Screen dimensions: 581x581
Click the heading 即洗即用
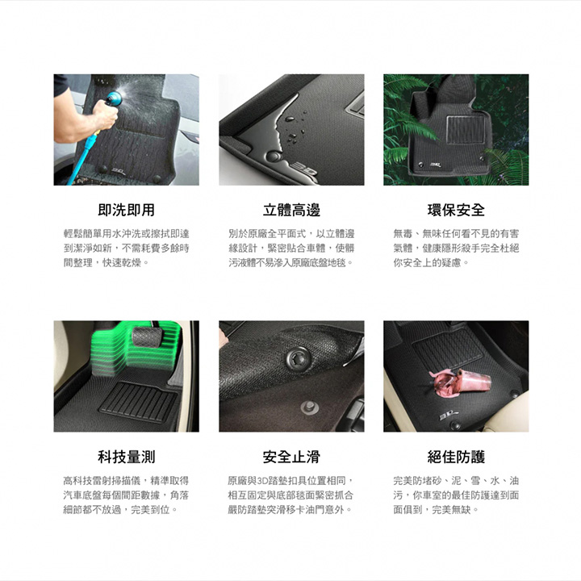[x=127, y=210]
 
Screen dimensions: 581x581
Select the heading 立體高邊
[x=291, y=210]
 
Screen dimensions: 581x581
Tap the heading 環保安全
[x=456, y=210]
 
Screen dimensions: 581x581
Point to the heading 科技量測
[x=127, y=457]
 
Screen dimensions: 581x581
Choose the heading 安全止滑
[x=291, y=457]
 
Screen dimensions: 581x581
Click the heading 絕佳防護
[x=456, y=457]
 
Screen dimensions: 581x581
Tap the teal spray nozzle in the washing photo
[x=114, y=98]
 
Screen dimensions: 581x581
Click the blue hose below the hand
[x=81, y=159]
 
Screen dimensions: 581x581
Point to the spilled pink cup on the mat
[x=459, y=382]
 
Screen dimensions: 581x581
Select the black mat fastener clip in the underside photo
[x=298, y=359]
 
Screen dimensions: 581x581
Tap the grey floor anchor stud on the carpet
[x=310, y=408]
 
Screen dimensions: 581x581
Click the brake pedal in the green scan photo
[x=147, y=336]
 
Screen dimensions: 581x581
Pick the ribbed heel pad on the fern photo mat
[x=466, y=130]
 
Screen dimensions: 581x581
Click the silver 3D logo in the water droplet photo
[x=304, y=169]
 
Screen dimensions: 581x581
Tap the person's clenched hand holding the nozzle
[x=105, y=114]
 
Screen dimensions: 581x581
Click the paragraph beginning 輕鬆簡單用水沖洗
[x=127, y=249]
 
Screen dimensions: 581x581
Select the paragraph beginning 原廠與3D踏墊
[x=291, y=495]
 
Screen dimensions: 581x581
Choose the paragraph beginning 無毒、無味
[x=456, y=249]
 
